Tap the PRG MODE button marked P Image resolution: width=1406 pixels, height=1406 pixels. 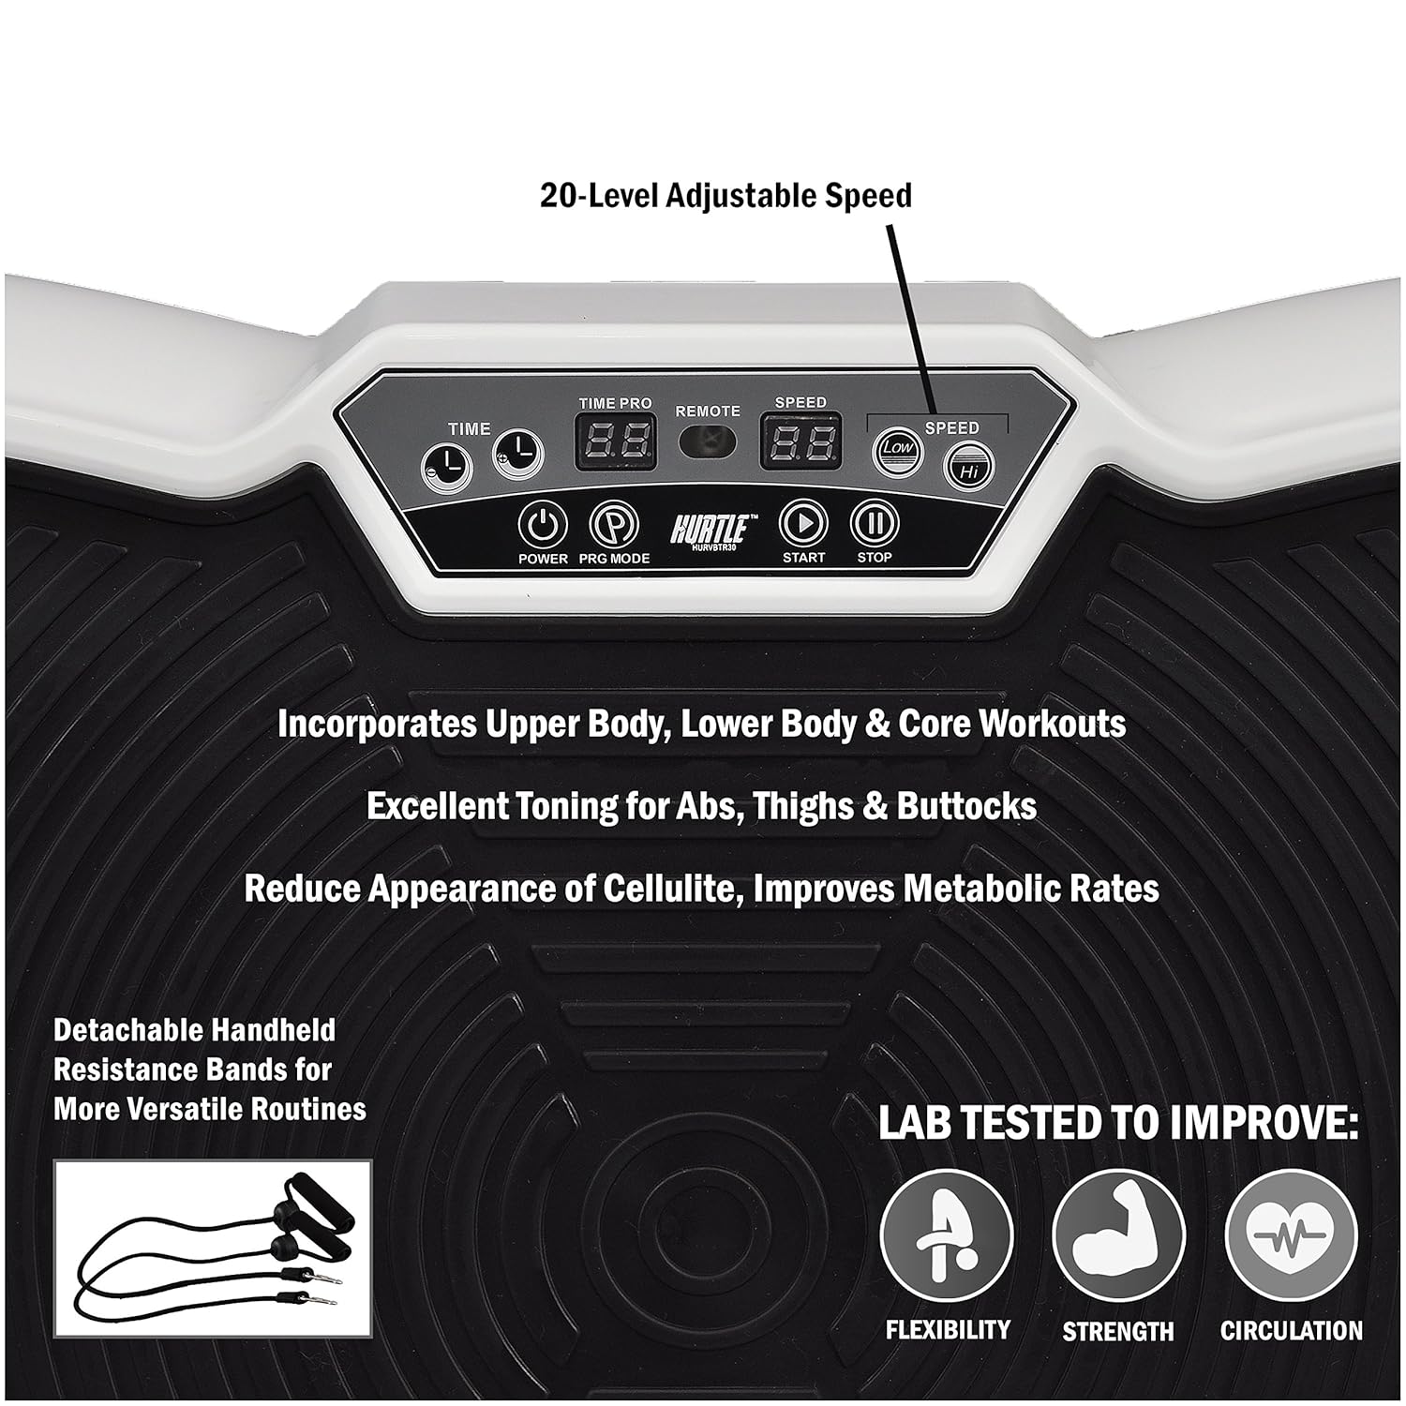point(614,525)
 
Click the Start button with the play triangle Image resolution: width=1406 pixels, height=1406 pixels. point(803,523)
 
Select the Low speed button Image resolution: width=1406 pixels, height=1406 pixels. point(897,449)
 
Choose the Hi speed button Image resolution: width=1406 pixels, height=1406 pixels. point(968,469)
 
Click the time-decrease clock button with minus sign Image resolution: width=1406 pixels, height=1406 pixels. point(446,463)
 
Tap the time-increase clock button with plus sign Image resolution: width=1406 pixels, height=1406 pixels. point(518,456)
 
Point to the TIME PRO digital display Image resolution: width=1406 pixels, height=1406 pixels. point(615,441)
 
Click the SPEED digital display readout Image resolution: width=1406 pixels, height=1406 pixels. point(800,441)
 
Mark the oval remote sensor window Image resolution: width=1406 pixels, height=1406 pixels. point(707,441)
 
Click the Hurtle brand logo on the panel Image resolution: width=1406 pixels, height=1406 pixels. point(709,531)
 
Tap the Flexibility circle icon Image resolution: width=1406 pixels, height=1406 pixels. point(947,1235)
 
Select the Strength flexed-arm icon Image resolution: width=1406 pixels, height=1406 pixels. point(1118,1235)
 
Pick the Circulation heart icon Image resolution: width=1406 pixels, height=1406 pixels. point(1291,1235)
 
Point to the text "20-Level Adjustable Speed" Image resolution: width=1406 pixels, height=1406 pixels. point(725,195)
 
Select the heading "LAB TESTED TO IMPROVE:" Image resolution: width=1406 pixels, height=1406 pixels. point(1117,1124)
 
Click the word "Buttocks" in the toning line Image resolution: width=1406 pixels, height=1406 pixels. point(966,806)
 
